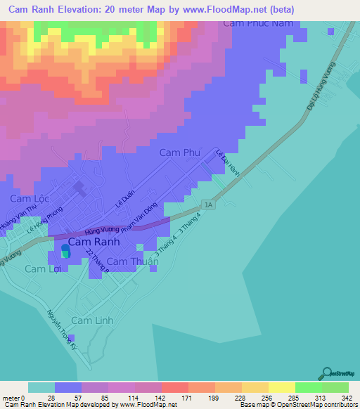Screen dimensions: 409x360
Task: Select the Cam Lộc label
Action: coord(28,199)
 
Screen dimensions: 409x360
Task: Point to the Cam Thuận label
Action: coord(134,262)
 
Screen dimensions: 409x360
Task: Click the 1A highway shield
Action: coord(208,204)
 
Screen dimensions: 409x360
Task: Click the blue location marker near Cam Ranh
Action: coord(66,250)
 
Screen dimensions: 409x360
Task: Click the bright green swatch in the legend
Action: coord(308,387)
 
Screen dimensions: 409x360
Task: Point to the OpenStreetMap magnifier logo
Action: coord(328,374)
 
